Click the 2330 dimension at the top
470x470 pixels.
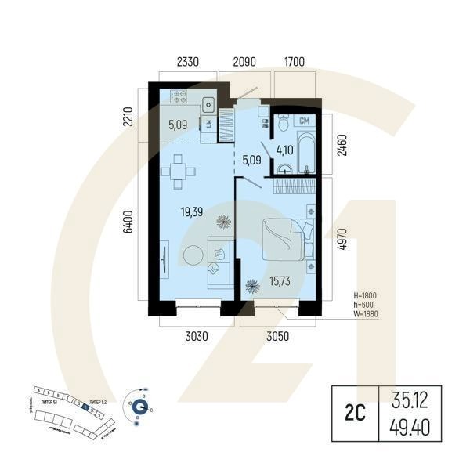pyautogui.click(x=189, y=60)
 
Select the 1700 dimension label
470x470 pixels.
pyautogui.click(x=295, y=60)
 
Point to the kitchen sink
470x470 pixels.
pyautogui.click(x=209, y=103)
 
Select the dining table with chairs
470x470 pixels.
pyautogui.click(x=179, y=170)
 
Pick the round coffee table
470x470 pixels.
pyautogui.click(x=192, y=255)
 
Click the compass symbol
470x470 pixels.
pyautogui.click(x=139, y=406)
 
